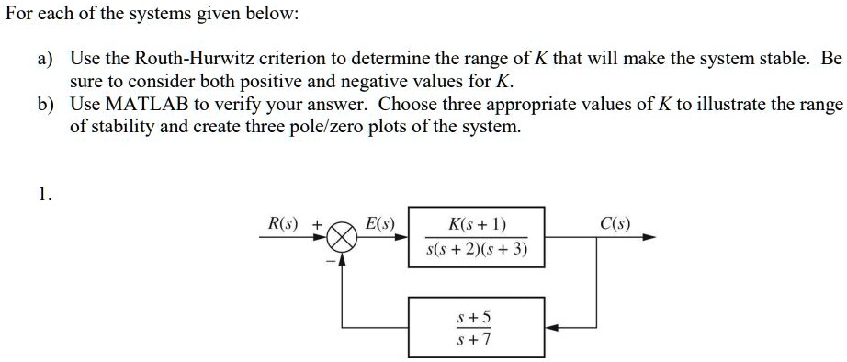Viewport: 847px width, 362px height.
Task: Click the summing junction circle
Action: [x=342, y=237]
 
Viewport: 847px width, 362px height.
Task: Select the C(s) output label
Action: [x=614, y=222]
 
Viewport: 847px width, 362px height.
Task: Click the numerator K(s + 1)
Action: [x=476, y=224]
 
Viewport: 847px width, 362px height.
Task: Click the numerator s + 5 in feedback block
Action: [x=475, y=317]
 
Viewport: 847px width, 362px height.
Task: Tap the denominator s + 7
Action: [x=475, y=339]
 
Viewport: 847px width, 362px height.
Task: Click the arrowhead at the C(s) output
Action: [x=650, y=237]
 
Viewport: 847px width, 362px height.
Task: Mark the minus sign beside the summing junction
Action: [x=327, y=258]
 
